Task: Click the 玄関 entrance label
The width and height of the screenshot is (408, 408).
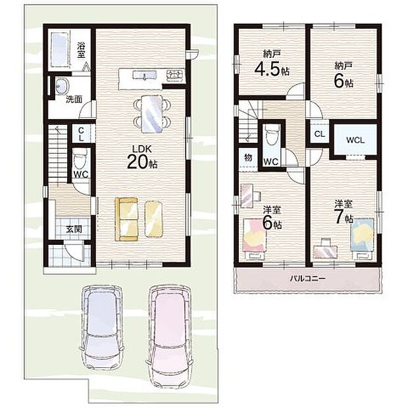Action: pyautogui.click(x=73, y=229)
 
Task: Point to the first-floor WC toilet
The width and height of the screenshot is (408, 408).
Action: pyautogui.click(x=79, y=160)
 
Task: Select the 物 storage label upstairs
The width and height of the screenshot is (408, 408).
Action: pyautogui.click(x=249, y=157)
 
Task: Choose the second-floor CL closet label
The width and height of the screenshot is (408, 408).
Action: pyautogui.click(x=319, y=134)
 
